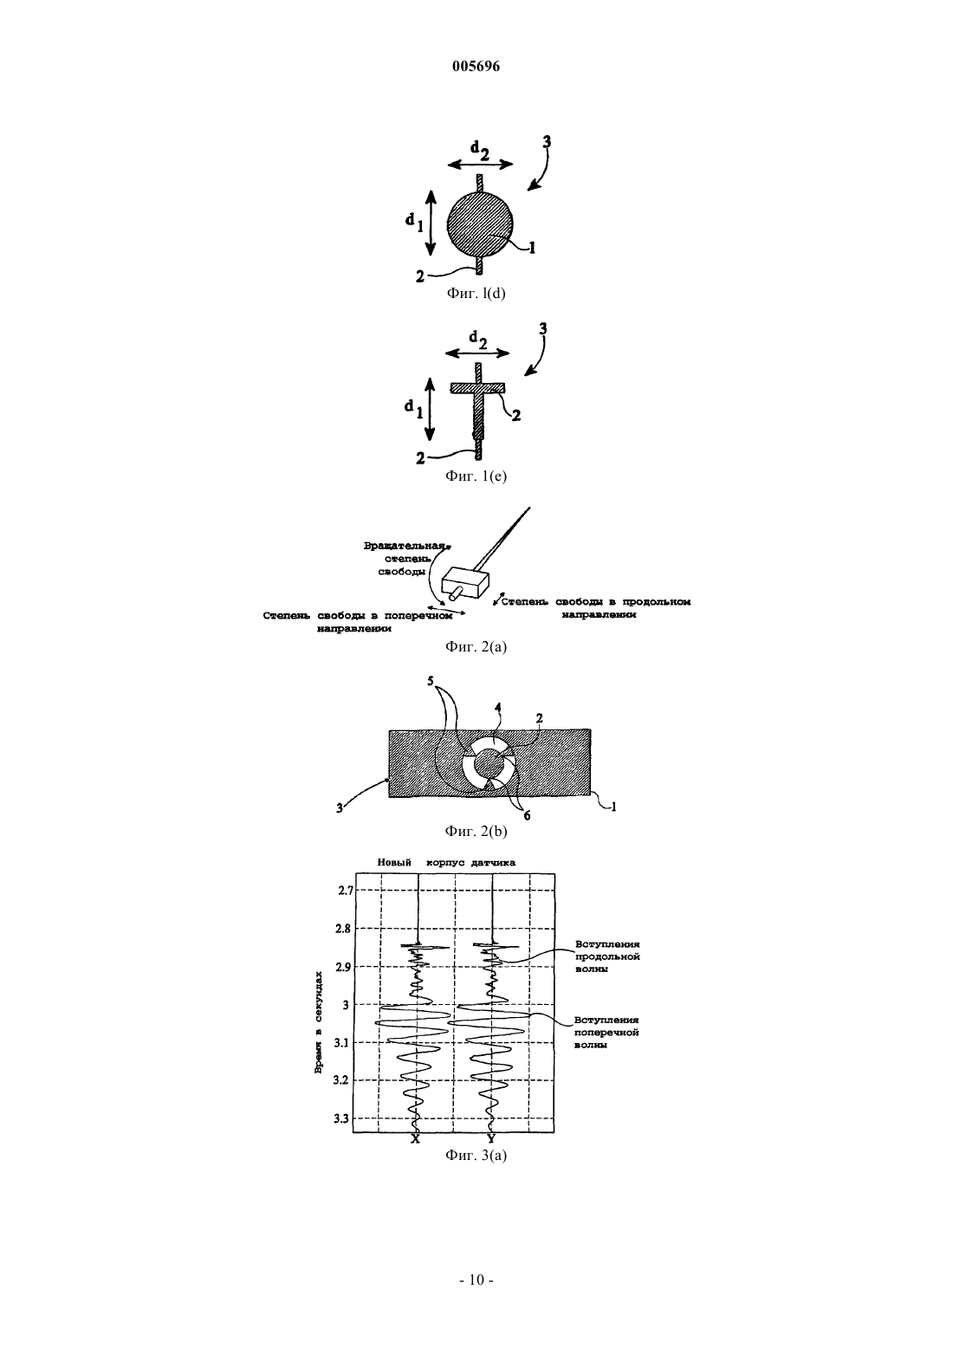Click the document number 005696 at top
coord(476,67)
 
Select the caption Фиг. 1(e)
coord(476,476)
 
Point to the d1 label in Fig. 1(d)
coord(413,222)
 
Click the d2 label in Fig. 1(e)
coord(477,340)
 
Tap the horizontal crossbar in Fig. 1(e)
coord(477,388)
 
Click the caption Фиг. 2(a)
coord(476,647)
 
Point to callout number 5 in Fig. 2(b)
coord(431,681)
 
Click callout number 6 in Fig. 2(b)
coord(527,815)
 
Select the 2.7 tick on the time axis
coord(346,890)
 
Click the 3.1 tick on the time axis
coord(342,1043)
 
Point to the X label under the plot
coord(415,1138)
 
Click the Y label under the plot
coord(491,1138)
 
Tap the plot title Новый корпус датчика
coord(446,862)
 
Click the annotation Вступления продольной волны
coord(607,956)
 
